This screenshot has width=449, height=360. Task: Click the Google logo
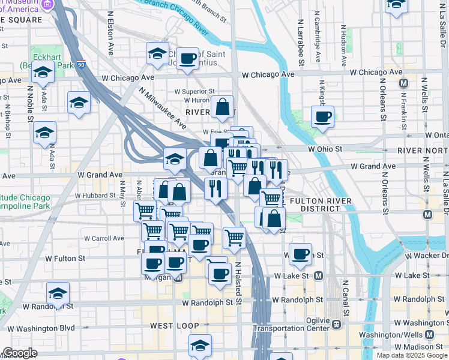pyautogui.click(x=19, y=353)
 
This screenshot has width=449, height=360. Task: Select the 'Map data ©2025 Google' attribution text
pyautogui.click(x=412, y=355)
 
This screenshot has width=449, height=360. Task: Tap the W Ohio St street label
pyautogui.click(x=325, y=149)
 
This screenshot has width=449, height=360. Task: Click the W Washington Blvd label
pyautogui.click(x=41, y=328)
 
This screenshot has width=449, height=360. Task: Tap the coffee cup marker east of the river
pyautogui.click(x=322, y=117)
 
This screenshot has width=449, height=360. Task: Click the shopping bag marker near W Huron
pyautogui.click(x=223, y=107)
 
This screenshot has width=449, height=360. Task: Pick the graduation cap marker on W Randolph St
pyautogui.click(x=58, y=293)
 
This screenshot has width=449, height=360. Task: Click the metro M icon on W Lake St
pyautogui.click(x=318, y=275)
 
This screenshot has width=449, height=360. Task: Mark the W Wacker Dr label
pyautogui.click(x=426, y=256)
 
